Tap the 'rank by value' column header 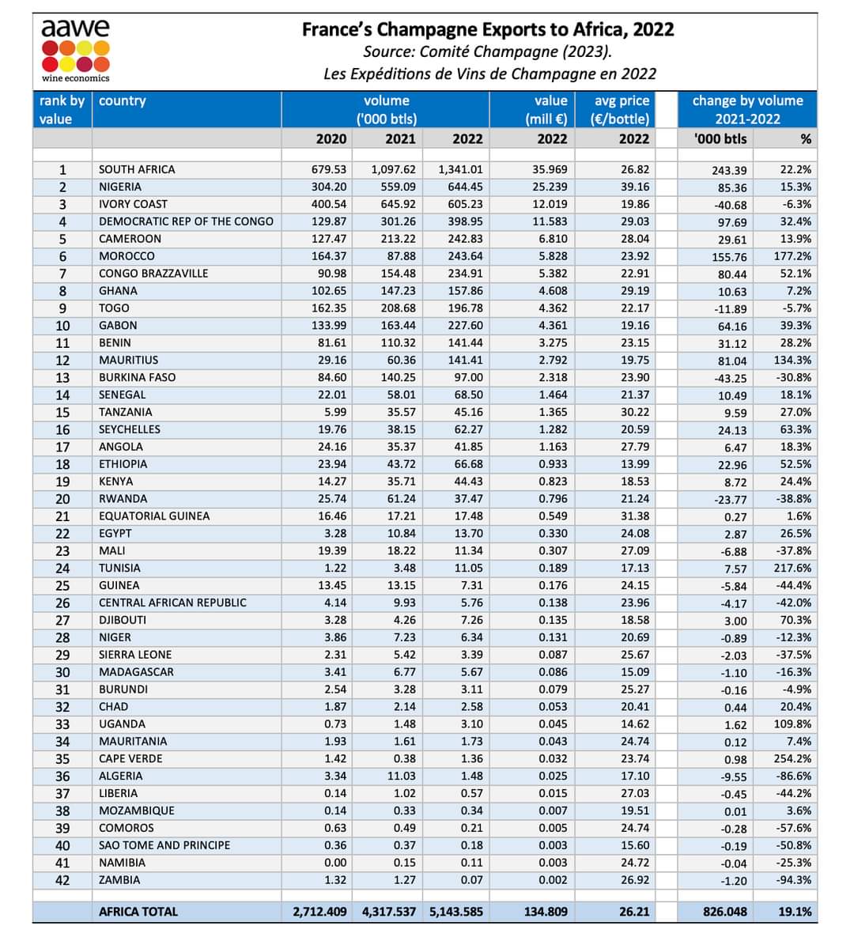[62, 110]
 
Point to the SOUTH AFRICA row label [137, 169]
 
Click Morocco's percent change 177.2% [792, 256]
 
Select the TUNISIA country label [119, 568]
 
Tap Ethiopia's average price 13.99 [635, 464]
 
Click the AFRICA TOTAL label [138, 912]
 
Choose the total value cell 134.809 [546, 912]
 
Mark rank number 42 [62, 880]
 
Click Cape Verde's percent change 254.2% [792, 759]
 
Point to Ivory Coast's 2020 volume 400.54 [329, 204]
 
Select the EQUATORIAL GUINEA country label [154, 516]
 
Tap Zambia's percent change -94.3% [794, 880]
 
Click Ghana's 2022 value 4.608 [552, 291]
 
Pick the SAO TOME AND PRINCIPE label [164, 845]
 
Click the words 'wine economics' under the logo [76, 77]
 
